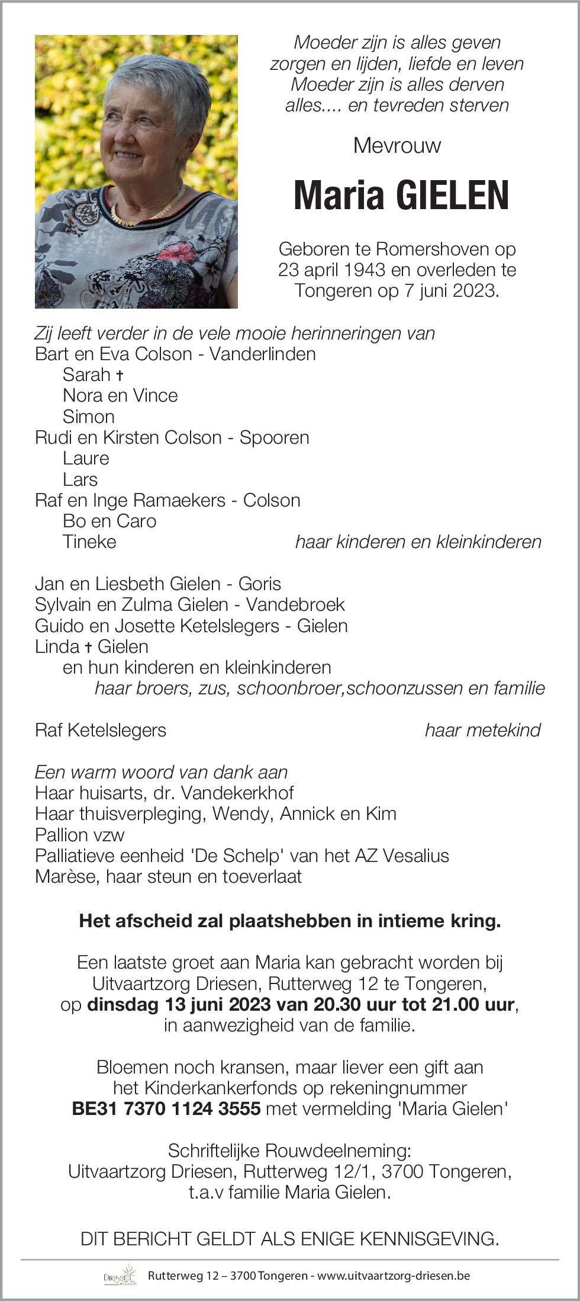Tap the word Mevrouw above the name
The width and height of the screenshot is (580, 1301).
click(397, 146)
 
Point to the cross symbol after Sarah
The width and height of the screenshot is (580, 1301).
click(120, 375)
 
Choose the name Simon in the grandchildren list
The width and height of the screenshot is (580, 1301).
click(88, 416)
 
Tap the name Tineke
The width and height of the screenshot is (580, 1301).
click(89, 541)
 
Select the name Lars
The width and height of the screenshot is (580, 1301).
click(80, 479)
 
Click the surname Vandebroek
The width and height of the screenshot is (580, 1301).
click(295, 604)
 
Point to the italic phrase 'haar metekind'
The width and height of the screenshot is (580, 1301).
click(482, 730)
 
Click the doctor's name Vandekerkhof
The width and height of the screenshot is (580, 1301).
click(237, 793)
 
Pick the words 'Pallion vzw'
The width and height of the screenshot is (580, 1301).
click(80, 835)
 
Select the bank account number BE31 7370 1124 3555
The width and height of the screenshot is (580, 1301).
click(166, 1108)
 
